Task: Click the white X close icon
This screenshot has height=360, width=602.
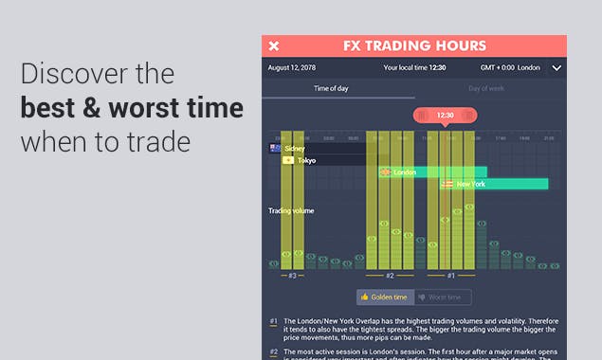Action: click(x=274, y=45)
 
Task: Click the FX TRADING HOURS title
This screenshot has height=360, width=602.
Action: click(x=414, y=45)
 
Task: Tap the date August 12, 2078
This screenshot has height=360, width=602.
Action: click(x=293, y=68)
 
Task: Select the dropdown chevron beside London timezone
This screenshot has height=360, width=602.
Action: click(x=556, y=68)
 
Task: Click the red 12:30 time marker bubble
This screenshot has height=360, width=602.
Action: click(x=446, y=116)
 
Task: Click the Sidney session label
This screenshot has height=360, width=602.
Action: click(x=294, y=149)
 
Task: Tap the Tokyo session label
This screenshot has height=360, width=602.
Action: click(x=305, y=160)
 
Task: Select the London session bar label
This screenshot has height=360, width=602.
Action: click(x=404, y=172)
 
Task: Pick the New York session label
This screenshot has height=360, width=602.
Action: click(x=470, y=184)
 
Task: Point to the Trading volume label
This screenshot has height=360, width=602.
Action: click(x=291, y=210)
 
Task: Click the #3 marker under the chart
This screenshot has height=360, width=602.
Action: click(x=292, y=276)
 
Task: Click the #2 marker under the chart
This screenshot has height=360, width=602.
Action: click(x=389, y=276)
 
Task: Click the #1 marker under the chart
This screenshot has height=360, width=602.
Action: click(x=450, y=276)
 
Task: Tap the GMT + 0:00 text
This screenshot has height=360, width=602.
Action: click(x=497, y=68)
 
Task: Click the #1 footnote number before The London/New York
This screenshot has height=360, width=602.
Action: click(x=273, y=321)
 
